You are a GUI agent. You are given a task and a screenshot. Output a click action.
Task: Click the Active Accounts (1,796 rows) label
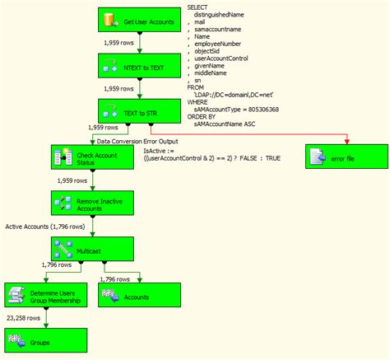(44, 226)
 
